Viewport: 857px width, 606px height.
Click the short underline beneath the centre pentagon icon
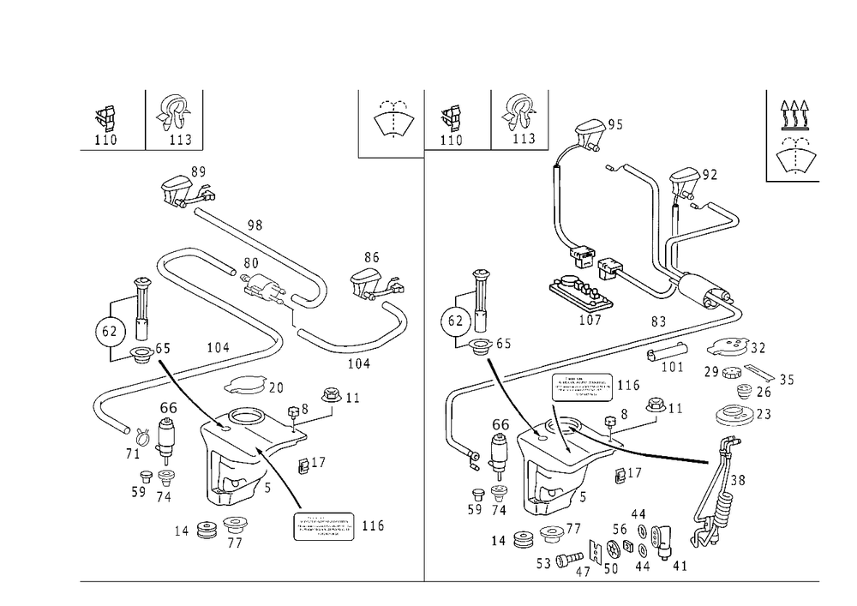pos(391,157)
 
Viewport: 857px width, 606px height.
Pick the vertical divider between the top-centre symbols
pos(492,117)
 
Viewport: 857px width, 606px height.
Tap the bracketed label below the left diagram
pos(326,525)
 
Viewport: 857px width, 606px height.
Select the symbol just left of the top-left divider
pos(175,118)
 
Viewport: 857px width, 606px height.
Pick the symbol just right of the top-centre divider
pos(518,118)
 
